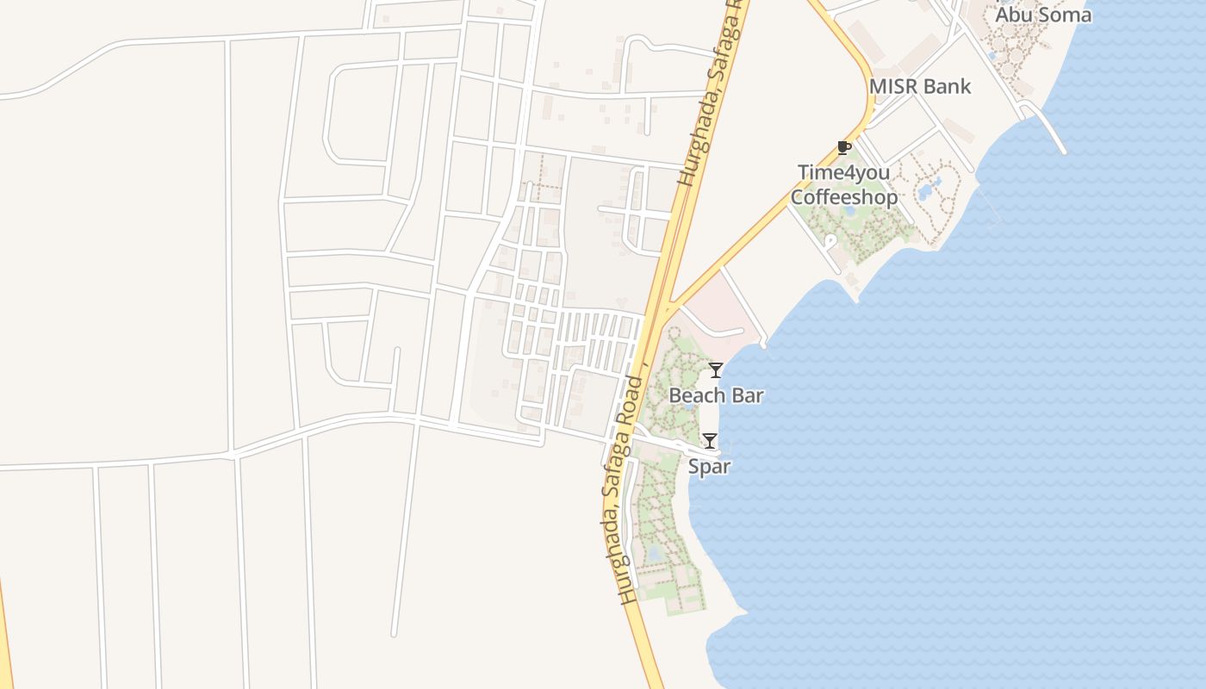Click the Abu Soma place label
point(1043,15)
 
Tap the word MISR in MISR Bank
point(894,86)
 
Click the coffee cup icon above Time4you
point(843,148)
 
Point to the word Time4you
point(843,172)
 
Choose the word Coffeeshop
point(843,197)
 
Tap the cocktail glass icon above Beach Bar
point(715,370)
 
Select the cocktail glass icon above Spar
point(709,441)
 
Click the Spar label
point(709,467)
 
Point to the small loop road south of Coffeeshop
point(830,244)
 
